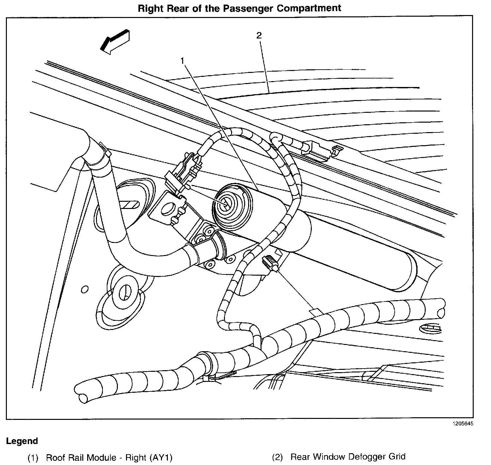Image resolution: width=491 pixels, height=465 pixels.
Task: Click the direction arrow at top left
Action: pos(115,42)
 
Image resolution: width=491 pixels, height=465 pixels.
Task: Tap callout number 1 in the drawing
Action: pos(183,60)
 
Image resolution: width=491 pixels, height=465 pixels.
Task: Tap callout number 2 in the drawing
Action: pos(259,36)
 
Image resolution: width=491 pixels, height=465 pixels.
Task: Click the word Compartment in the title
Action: pos(309,8)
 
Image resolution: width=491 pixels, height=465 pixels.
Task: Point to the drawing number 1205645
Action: pos(462,423)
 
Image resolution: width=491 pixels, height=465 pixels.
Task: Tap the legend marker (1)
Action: pos(33,457)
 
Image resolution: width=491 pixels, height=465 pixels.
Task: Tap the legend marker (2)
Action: pos(277,457)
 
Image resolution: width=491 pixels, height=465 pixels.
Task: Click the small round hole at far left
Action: pos(85,290)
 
